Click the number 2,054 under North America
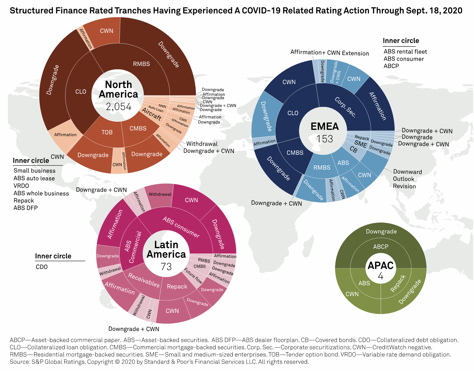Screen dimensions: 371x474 (118, 107)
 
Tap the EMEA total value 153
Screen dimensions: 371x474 (325, 139)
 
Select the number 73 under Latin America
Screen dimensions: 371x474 (166, 266)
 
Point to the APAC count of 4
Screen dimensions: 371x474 (381, 276)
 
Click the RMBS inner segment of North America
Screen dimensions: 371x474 (141, 64)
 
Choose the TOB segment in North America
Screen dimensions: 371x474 (107, 132)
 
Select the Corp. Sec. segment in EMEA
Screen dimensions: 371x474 (345, 107)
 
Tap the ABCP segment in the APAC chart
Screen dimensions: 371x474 (381, 247)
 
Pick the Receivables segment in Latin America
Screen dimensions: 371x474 (144, 280)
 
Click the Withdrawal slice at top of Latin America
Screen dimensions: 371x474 (160, 194)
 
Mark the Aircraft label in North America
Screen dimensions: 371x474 (152, 114)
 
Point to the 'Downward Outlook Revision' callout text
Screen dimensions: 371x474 (407, 179)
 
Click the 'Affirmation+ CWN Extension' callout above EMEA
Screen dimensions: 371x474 (330, 53)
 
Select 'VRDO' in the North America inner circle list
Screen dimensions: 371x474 (21, 186)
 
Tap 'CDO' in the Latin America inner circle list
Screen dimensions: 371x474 (42, 267)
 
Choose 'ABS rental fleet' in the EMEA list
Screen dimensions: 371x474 (405, 52)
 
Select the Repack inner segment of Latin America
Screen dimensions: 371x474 (177, 287)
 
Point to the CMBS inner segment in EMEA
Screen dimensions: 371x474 (295, 153)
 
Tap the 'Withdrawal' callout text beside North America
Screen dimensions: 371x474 (202, 144)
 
